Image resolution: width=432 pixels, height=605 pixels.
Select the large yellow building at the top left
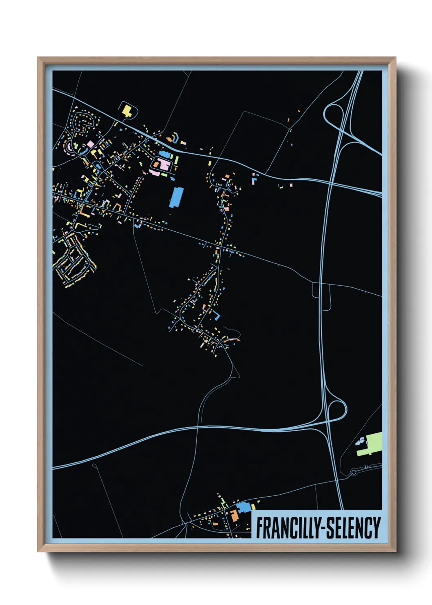tap(127, 110)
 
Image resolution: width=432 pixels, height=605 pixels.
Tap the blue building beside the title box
tap(244, 508)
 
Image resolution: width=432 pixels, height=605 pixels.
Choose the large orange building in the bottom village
tap(234, 515)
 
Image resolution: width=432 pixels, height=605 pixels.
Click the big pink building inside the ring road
tap(165, 165)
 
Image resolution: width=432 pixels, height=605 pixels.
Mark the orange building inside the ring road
tap(157, 164)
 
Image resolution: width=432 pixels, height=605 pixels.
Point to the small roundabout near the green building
tap(354, 473)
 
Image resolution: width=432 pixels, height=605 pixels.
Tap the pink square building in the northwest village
tap(90, 144)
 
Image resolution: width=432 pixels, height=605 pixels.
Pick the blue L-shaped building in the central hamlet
tap(216, 315)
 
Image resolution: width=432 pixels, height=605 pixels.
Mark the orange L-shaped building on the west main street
tap(85, 211)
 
